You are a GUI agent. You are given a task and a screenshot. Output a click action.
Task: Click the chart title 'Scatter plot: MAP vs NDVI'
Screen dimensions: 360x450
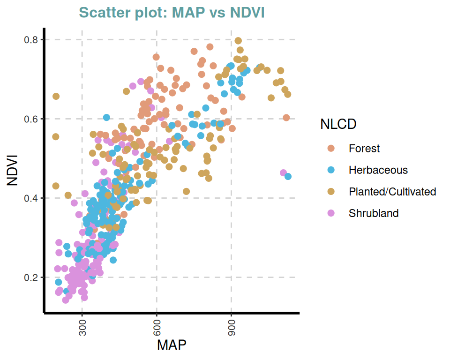click(x=172, y=13)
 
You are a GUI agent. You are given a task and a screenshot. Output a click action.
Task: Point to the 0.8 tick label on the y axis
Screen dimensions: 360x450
click(x=31, y=40)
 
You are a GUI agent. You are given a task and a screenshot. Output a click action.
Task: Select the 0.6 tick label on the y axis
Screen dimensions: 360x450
click(x=31, y=119)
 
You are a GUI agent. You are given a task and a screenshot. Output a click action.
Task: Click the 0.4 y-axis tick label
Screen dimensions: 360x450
click(x=31, y=198)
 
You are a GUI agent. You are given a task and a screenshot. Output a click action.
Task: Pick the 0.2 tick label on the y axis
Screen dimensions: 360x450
click(x=31, y=277)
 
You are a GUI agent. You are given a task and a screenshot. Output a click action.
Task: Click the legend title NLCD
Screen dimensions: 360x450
click(x=338, y=124)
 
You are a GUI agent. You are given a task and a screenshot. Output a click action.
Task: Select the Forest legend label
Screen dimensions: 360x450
click(x=364, y=149)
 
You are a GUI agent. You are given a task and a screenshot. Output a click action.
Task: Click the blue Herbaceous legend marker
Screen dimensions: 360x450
click(x=331, y=170)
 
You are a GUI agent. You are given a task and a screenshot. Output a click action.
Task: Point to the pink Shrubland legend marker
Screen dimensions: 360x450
click(x=331, y=213)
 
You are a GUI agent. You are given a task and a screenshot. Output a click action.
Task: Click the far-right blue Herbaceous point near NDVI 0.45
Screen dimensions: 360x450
click(x=288, y=176)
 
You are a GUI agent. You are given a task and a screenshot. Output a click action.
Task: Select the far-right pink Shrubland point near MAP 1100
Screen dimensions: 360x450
click(x=283, y=173)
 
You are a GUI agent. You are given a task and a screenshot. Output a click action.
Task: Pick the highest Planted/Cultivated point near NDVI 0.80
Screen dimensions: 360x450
click(x=238, y=41)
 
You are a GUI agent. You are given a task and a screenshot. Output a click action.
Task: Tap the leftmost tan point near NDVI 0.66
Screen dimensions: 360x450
click(x=56, y=96)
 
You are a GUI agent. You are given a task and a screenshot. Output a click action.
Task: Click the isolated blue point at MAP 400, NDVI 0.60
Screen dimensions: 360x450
click(x=106, y=117)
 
